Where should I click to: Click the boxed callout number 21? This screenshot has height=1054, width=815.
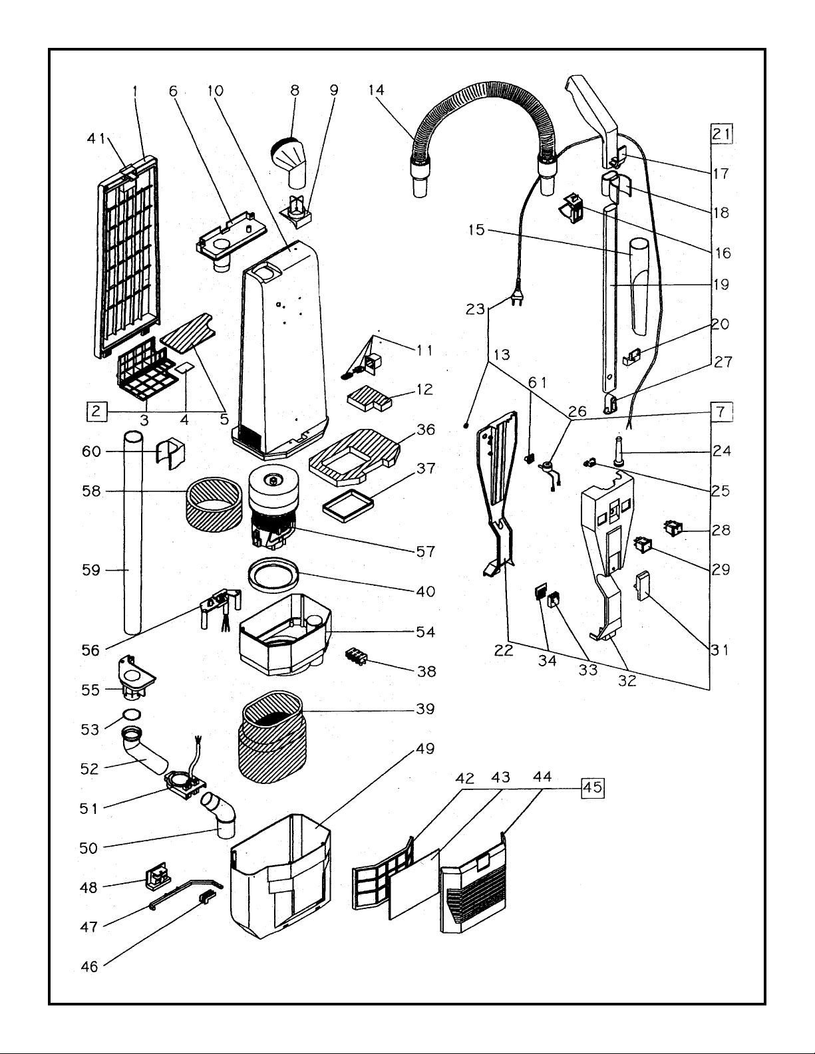click(x=721, y=134)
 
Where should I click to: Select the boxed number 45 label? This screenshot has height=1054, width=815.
click(x=593, y=787)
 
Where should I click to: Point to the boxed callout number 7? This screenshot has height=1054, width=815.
click(x=721, y=412)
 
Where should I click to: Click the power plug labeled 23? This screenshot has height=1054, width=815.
click(x=516, y=299)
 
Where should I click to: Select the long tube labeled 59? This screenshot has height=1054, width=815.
click(x=133, y=532)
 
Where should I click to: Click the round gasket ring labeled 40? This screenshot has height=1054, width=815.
click(x=271, y=572)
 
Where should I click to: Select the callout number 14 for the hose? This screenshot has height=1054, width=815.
click(x=377, y=90)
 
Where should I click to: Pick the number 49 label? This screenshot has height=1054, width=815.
click(x=426, y=749)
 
